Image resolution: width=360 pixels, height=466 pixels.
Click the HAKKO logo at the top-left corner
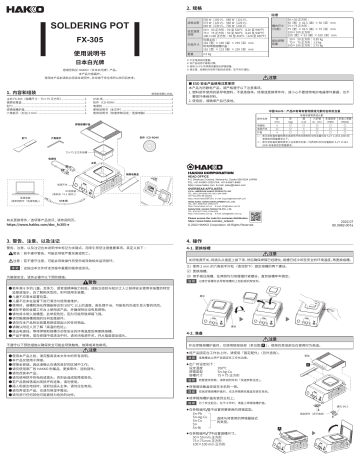pos(19,10)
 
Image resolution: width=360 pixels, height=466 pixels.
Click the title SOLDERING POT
pos(90,21)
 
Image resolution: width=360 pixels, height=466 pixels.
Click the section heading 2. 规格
pos(196,8)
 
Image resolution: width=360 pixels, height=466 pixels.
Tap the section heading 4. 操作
pos(197,243)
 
